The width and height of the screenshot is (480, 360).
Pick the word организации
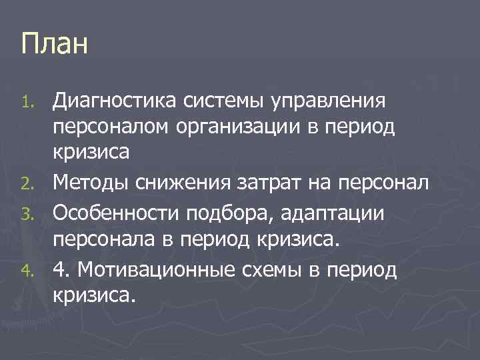click(257, 127)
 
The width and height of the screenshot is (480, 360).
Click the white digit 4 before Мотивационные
click(59, 270)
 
